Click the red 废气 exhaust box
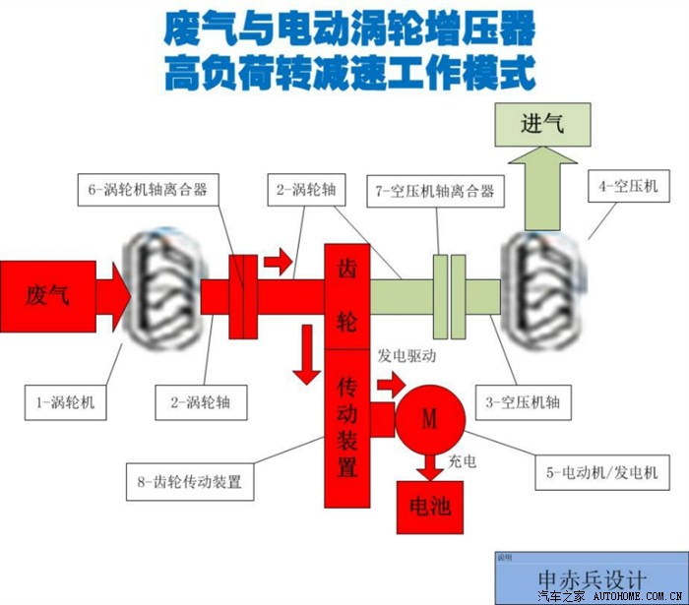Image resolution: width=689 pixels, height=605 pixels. pyautogui.click(x=47, y=295)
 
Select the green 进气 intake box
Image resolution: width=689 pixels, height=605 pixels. pyautogui.click(x=543, y=125)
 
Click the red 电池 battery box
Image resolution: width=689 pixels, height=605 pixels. pyautogui.click(x=429, y=507)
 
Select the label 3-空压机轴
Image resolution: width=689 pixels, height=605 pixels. pyautogui.click(x=523, y=401)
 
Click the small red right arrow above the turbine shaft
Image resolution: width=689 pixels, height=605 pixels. pyautogui.click(x=279, y=261)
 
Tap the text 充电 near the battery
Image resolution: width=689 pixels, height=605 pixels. pyautogui.click(x=463, y=460)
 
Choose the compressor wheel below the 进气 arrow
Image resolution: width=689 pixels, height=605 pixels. pyautogui.click(x=543, y=289)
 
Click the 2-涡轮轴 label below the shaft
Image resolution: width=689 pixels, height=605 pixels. pyautogui.click(x=202, y=402)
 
